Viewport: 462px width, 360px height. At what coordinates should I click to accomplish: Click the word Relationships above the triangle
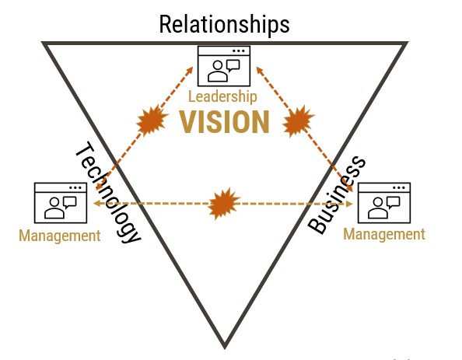click(224, 25)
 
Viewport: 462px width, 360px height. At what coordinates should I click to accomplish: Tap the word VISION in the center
click(225, 122)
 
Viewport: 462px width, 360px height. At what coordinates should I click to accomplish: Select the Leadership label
click(222, 97)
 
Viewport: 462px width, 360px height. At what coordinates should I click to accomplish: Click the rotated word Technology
click(108, 193)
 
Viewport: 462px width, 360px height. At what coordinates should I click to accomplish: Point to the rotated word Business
click(337, 195)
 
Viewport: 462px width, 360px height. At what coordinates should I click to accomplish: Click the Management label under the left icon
click(60, 236)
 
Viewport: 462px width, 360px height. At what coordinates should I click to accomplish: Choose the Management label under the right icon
click(384, 235)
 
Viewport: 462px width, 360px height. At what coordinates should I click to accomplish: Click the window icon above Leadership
click(224, 66)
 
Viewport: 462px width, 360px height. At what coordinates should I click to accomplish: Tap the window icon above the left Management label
click(61, 203)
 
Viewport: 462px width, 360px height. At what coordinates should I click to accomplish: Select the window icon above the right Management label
click(384, 203)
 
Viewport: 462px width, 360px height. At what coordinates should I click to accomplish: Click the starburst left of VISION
click(152, 121)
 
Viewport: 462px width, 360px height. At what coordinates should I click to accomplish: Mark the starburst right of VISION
click(298, 121)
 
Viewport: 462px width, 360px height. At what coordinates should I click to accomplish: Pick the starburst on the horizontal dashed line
click(224, 204)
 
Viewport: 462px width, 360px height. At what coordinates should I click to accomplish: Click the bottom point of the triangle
click(225, 348)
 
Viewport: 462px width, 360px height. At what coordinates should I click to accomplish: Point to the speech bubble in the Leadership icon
click(233, 65)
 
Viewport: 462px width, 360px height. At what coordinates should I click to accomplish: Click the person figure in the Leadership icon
click(218, 71)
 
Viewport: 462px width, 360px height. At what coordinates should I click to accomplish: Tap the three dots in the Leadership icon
click(238, 51)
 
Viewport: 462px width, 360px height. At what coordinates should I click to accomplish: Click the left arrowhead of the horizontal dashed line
click(96, 203)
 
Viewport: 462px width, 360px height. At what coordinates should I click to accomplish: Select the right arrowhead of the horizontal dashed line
click(350, 204)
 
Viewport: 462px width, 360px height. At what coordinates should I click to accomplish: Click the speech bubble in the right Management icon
click(394, 202)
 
